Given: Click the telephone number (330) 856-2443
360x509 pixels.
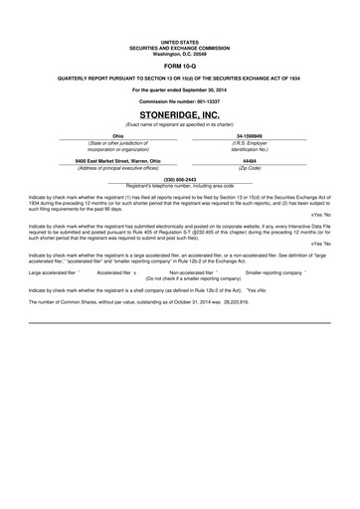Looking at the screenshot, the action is [x=180, y=180].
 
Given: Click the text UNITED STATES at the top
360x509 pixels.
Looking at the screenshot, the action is [x=180, y=43].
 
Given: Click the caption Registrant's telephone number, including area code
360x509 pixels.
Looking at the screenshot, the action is [x=180, y=186].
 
